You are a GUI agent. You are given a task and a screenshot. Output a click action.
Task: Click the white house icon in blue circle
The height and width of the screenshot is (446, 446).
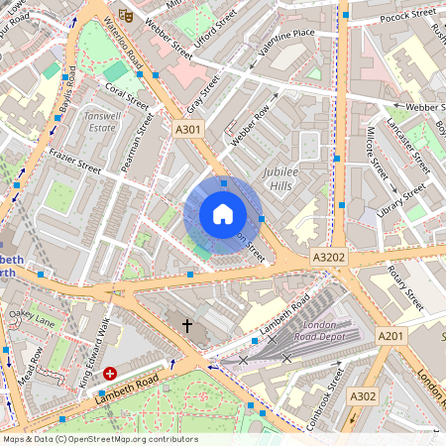(223, 213)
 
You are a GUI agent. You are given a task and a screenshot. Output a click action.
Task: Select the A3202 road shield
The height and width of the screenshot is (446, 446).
(329, 257)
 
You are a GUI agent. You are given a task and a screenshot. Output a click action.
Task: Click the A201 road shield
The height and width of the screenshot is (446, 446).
(391, 337)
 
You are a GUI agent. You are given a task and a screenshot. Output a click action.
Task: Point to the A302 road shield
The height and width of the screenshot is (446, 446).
(364, 396)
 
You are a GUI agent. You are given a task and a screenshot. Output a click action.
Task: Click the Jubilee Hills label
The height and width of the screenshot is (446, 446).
(288, 178)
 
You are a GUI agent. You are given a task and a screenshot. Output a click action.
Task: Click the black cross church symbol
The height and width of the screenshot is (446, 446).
(186, 324)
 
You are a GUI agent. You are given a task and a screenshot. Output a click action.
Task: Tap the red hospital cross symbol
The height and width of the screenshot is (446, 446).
(110, 375)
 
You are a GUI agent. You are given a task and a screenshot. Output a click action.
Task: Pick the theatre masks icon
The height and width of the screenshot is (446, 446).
(126, 14)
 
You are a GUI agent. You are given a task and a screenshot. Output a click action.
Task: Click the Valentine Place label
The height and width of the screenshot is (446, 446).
(286, 34)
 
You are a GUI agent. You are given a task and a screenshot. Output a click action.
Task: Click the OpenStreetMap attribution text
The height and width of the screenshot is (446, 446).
(99, 439)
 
